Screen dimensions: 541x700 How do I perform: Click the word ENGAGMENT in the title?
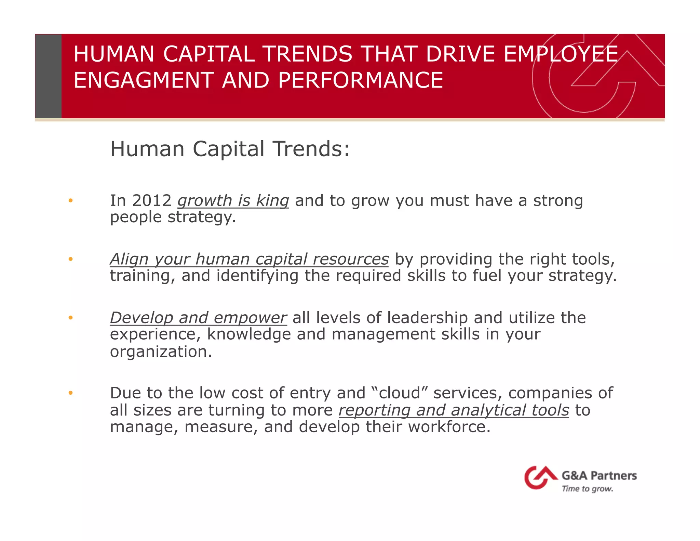coord(144,80)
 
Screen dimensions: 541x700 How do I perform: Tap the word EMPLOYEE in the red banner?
coord(561,54)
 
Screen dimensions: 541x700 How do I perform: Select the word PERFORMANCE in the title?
coord(361,80)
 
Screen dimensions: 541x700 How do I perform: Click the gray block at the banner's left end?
coord(48,76)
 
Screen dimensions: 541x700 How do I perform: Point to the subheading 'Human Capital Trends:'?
coord(230,149)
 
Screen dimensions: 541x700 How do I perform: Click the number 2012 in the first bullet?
coord(152,200)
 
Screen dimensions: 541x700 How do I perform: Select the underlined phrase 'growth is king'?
coord(233,201)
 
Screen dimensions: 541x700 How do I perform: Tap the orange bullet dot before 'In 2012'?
coord(70,201)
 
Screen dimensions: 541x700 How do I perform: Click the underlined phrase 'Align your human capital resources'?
coord(249,259)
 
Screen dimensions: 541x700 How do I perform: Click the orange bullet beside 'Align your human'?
coord(70,259)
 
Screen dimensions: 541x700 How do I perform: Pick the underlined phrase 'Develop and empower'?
coord(198,318)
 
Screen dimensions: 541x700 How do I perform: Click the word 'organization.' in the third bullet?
coord(161,352)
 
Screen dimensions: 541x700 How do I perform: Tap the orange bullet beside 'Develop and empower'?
coord(70,318)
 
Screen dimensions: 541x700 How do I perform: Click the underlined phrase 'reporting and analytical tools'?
coord(454,410)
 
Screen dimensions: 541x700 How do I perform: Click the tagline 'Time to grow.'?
coord(587,489)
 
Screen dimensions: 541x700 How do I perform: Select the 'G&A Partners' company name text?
coord(599,475)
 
